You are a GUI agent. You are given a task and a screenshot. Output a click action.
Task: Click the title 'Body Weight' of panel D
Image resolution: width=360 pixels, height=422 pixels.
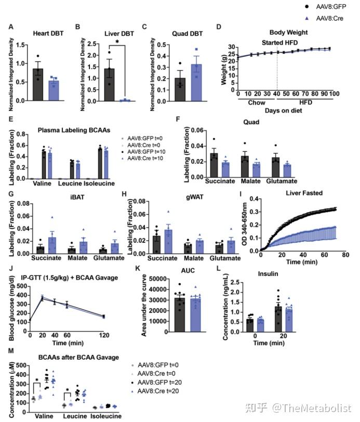289,32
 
